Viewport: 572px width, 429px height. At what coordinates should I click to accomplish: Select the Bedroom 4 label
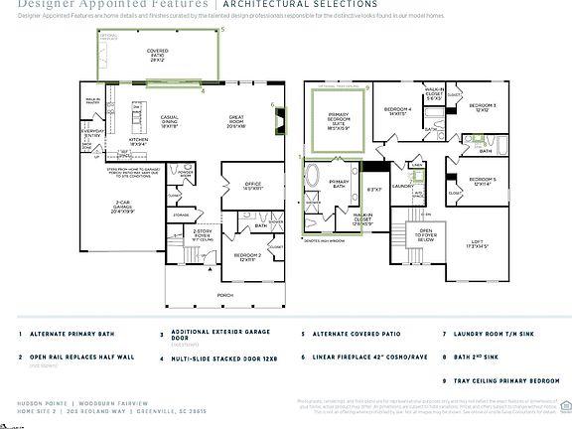(397, 111)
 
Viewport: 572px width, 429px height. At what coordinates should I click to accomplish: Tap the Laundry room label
(403, 186)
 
